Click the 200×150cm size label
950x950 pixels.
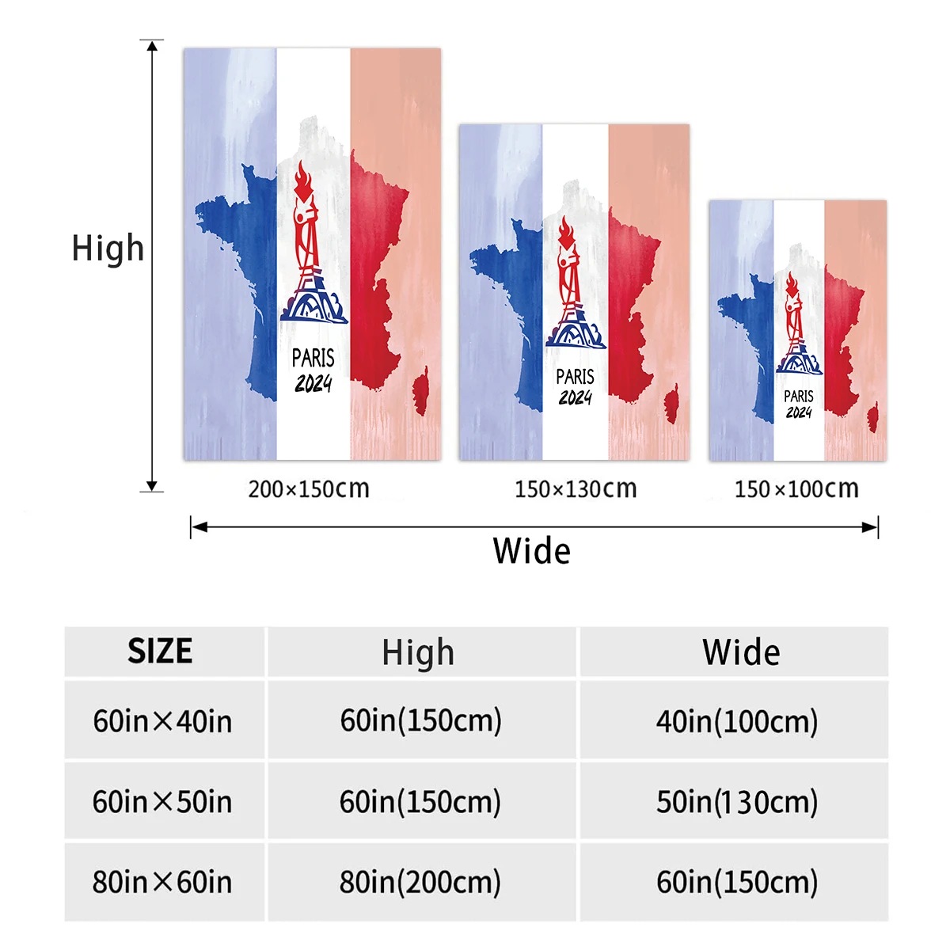point(309,488)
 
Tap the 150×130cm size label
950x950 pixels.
point(576,488)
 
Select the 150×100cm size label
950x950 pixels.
point(796,488)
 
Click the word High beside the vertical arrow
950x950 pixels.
point(108,248)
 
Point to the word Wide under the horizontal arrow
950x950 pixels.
point(531,551)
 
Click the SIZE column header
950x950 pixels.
point(160,652)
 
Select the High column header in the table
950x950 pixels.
point(418,653)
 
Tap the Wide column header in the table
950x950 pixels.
point(741,652)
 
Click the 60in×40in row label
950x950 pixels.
point(162,721)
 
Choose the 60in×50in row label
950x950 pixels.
point(162,802)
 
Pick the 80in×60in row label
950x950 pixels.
point(162,882)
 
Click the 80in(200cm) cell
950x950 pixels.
point(420,882)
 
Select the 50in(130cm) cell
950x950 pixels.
point(737,802)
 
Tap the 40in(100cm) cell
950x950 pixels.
point(737,721)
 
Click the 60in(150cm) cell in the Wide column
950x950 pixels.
point(737,882)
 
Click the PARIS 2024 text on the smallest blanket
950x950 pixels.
point(799,404)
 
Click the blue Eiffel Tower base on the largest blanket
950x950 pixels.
point(313,303)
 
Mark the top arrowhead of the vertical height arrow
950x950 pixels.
point(152,45)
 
